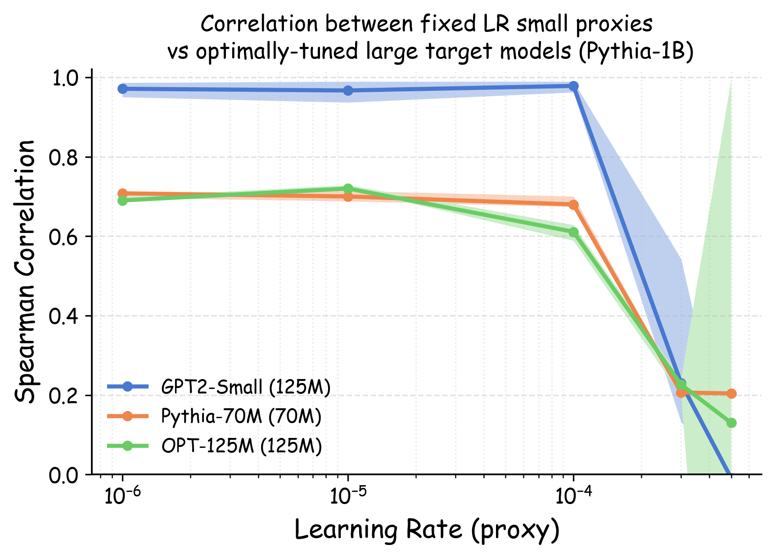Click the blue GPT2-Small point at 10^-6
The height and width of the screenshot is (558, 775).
pyautogui.click(x=122, y=89)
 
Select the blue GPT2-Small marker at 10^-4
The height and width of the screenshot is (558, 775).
pyautogui.click(x=573, y=86)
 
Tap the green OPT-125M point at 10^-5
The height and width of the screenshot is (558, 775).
pyautogui.click(x=348, y=188)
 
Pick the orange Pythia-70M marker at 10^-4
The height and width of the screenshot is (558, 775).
pyautogui.click(x=573, y=205)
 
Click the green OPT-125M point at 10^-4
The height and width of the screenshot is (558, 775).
pyautogui.click(x=573, y=232)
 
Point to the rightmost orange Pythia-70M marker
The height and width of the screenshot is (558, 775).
pyautogui.click(x=731, y=393)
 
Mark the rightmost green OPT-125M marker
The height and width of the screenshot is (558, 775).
pyautogui.click(x=731, y=423)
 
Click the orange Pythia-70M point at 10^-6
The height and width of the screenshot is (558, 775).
pyautogui.click(x=122, y=193)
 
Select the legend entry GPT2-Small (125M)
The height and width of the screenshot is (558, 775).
pyautogui.click(x=245, y=387)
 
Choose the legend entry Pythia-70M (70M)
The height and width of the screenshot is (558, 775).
pyautogui.click(x=241, y=416)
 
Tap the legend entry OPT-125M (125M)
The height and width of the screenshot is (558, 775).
pyautogui.click(x=241, y=446)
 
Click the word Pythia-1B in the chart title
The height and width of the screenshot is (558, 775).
pyautogui.click(x=635, y=51)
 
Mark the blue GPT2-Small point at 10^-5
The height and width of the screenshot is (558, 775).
pyautogui.click(x=348, y=90)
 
